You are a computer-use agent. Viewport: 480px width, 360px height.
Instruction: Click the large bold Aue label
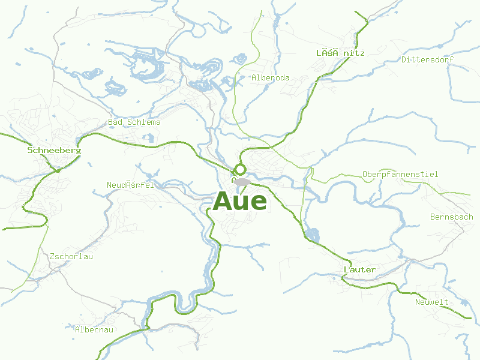[239, 201]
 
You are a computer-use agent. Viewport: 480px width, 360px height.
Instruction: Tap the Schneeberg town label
[54, 150]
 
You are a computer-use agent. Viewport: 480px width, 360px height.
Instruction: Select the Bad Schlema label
[134, 122]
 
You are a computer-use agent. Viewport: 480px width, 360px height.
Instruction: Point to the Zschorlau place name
[72, 256]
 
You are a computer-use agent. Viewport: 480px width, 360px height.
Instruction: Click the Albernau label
[94, 329]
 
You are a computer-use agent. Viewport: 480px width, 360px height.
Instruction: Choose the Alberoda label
[271, 77]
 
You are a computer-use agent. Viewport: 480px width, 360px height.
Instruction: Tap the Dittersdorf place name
[427, 59]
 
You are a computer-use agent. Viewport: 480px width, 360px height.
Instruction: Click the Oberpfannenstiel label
[400, 174]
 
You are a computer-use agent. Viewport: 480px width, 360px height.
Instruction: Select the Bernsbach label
[451, 217]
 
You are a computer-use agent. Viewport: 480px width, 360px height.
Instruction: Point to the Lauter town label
[360, 269]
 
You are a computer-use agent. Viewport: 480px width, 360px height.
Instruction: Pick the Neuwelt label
[432, 302]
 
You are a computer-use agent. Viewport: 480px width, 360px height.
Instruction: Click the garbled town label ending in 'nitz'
[340, 53]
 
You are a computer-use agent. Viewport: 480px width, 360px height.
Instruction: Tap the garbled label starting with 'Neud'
[130, 185]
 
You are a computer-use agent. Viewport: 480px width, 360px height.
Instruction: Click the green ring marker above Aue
[240, 169]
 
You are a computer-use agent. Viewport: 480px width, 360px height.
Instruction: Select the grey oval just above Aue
[242, 182]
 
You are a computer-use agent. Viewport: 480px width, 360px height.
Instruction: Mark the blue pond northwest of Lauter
[311, 234]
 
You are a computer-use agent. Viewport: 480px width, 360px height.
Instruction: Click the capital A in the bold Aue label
[223, 201]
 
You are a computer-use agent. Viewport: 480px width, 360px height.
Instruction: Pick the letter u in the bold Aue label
[241, 202]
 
